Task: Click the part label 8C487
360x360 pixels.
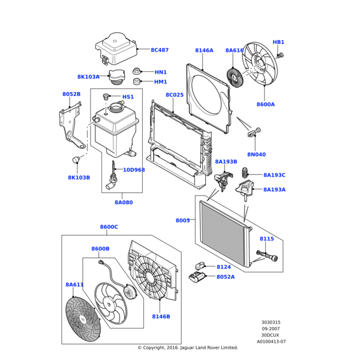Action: click(160, 50)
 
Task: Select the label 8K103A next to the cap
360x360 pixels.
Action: click(88, 77)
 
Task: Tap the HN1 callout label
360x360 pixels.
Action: click(161, 72)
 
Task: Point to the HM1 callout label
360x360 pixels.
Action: click(161, 82)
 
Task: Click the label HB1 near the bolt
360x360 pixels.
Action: click(278, 43)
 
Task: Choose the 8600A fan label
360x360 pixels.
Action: click(265, 104)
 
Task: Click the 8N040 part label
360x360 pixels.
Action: click(256, 154)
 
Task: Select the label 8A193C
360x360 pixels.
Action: click(274, 175)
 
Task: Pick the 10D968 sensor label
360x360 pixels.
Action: click(134, 170)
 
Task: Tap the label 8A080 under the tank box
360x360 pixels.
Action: click(124, 203)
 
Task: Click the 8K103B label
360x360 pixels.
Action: click(79, 178)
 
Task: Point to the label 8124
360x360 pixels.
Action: click(224, 267)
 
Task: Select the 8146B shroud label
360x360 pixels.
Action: click(161, 316)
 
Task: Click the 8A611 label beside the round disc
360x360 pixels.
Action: click(74, 284)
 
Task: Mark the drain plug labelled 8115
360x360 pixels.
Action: click(268, 258)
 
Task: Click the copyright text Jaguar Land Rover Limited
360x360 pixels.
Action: click(188, 347)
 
